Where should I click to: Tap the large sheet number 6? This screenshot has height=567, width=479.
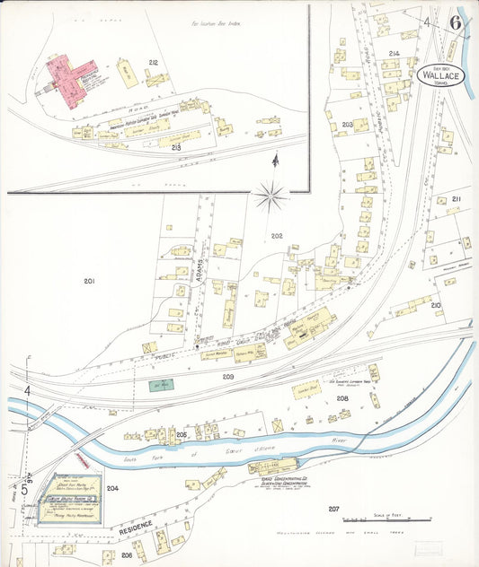(457, 23)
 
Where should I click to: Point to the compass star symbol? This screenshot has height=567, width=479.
(271, 194)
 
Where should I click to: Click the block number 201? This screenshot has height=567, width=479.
(89, 282)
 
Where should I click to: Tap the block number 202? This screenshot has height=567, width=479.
(277, 236)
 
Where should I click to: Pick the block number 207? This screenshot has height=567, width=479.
(333, 510)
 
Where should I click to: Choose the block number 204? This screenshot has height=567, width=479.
(112, 488)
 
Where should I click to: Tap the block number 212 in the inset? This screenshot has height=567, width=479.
(154, 62)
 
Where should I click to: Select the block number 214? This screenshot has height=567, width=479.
(393, 54)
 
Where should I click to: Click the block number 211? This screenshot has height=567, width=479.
(457, 198)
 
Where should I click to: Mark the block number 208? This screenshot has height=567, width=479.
(342, 398)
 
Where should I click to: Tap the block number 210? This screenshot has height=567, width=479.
(435, 306)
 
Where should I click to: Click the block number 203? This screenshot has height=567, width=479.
(348, 125)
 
